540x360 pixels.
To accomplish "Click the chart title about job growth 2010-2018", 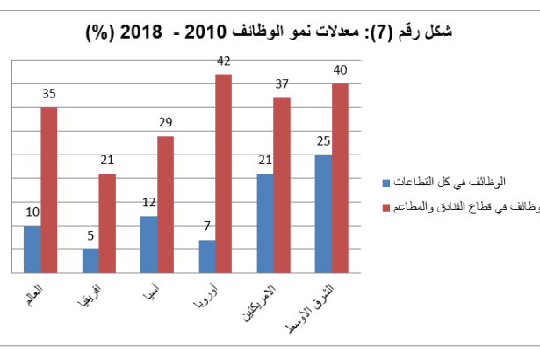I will point(270,33).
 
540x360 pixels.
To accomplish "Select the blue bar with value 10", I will point(32,249).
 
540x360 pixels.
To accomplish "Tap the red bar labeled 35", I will point(49,190).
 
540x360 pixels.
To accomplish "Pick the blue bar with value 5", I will point(90,261).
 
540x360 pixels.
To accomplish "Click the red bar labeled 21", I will point(107,223).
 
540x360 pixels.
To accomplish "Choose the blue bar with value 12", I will point(148,244).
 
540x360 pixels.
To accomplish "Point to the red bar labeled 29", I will point(166,205).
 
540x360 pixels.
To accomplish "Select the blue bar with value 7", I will point(206,256).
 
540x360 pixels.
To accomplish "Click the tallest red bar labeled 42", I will point(224,174).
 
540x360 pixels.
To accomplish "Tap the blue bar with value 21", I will point(264,223).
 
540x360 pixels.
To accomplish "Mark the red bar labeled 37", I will point(282,185).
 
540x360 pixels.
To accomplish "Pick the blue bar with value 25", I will point(323,213).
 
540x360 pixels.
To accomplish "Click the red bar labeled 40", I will point(341,178).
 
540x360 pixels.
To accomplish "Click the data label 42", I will point(224,62).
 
